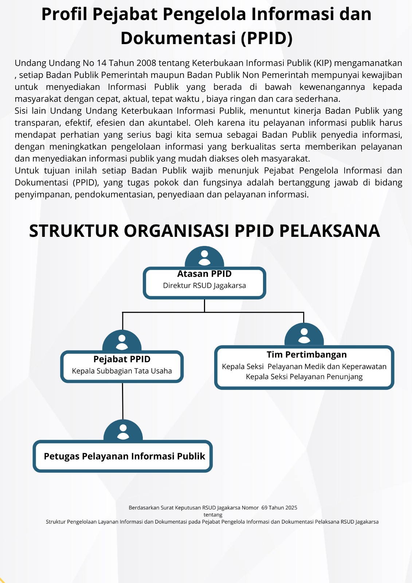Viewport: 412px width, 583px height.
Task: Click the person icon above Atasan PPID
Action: coord(204,257)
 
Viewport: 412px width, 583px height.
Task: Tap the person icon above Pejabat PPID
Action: coord(122,342)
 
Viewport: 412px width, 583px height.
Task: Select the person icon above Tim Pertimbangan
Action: coord(304,335)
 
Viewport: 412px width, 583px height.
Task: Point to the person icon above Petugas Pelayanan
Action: coord(123,431)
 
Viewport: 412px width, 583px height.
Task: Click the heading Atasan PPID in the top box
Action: coord(204,274)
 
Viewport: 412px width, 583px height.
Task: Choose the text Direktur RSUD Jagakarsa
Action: coord(204,286)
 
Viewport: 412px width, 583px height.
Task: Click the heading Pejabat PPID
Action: coord(122,359)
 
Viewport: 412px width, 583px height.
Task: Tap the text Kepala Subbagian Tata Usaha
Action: coord(122,371)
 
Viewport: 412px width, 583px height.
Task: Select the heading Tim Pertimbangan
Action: coord(306,355)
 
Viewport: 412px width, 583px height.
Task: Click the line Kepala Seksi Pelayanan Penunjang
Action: coord(304,377)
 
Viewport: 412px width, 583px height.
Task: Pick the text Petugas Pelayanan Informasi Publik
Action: coord(124,457)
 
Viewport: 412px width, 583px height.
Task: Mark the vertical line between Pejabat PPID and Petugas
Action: coord(123,401)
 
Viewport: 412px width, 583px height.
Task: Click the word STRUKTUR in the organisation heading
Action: coord(74,231)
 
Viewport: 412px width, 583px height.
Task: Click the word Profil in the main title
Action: coord(64,15)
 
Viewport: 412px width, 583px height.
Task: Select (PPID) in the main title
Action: coord(267,39)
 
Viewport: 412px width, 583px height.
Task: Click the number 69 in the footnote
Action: coord(264,508)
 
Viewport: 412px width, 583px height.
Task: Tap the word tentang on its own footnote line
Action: coord(213,515)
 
